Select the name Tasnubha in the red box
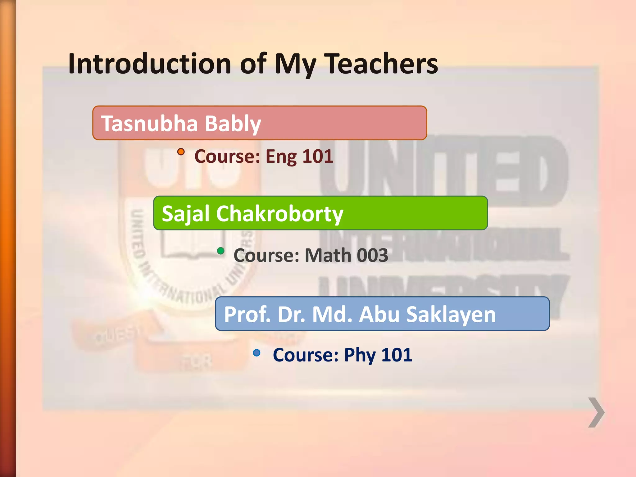[149, 123]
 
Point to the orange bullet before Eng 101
[181, 152]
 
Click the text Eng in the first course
[281, 156]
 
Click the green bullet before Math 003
[220, 251]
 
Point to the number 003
[372, 255]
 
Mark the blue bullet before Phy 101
[257, 352]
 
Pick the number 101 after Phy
[397, 355]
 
